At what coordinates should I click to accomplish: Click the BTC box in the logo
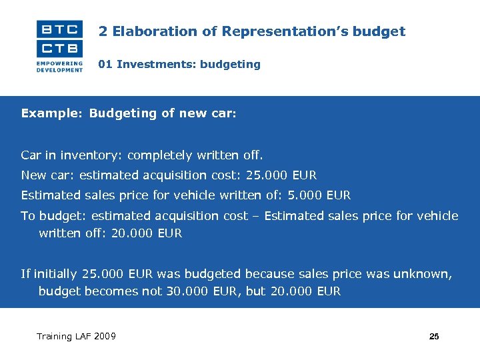point(60,29)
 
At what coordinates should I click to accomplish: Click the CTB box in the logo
point(60,48)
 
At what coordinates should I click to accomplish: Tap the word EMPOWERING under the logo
point(60,63)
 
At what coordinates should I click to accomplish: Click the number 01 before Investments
point(105,65)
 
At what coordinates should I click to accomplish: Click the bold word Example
point(49,113)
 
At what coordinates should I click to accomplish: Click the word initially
point(55,273)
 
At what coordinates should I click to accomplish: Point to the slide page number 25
point(434,337)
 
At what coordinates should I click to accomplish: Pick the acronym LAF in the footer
point(82,336)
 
